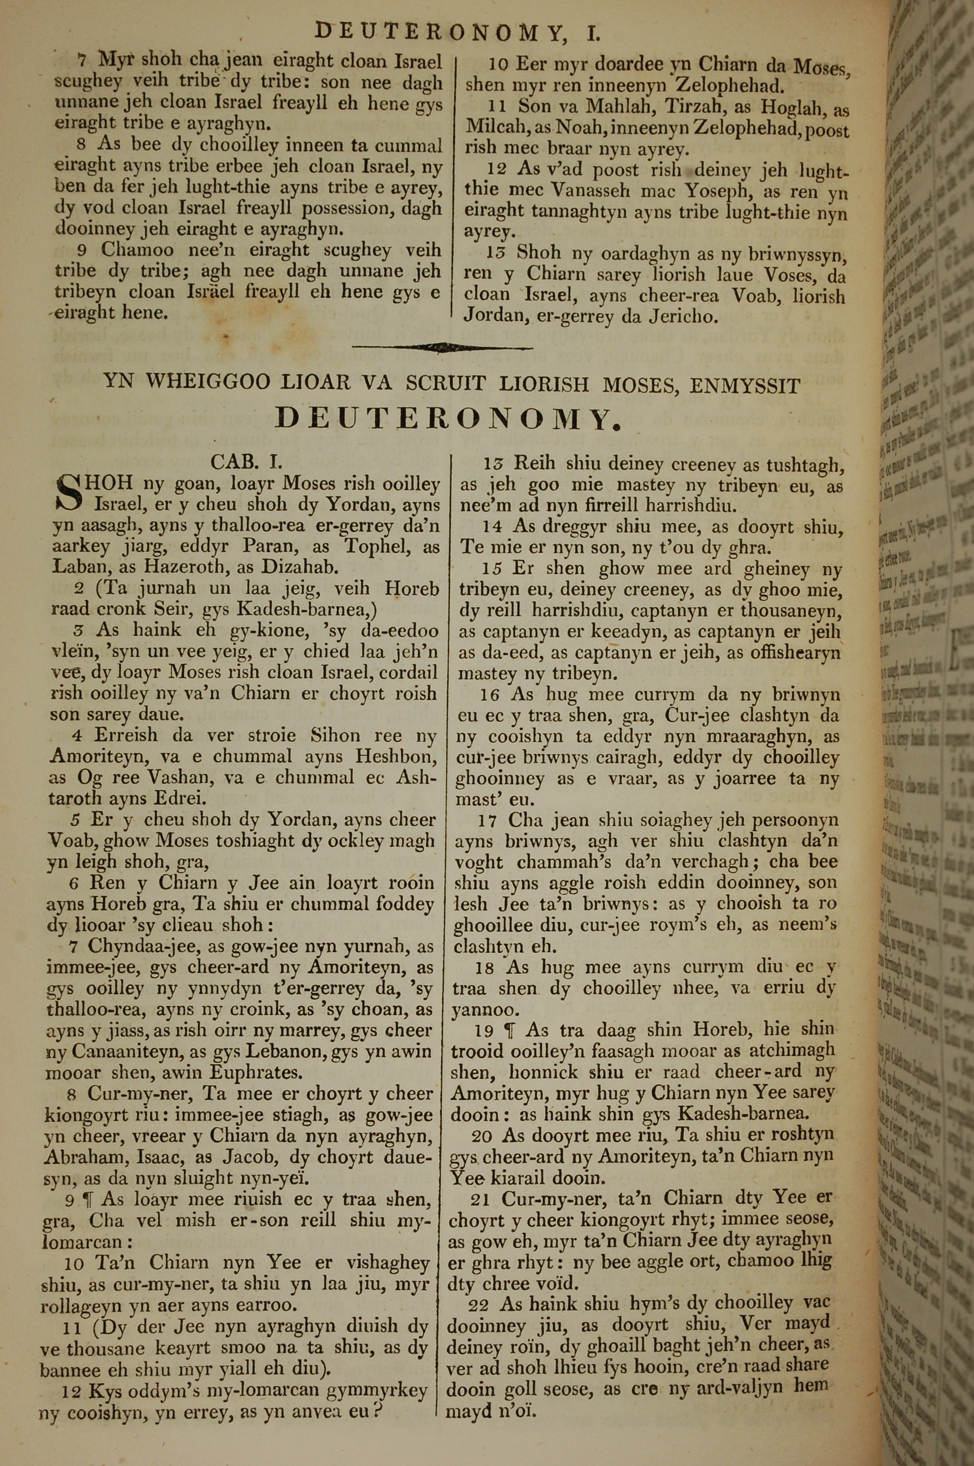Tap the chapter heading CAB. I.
(x=246, y=462)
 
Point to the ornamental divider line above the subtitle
(x=442, y=348)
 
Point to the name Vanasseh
(x=570, y=192)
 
